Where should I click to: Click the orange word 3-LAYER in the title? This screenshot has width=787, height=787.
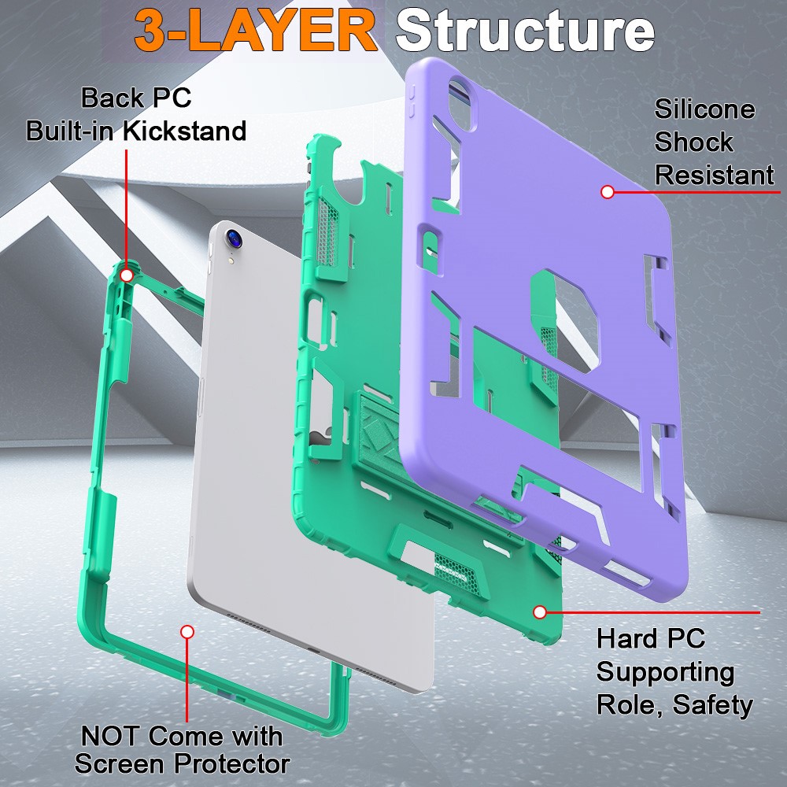click(256, 31)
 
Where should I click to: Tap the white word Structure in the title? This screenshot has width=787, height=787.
click(525, 31)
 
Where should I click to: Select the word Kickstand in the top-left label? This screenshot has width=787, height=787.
click(185, 131)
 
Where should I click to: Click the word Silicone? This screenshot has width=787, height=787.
click(704, 109)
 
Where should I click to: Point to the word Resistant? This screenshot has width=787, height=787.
click(715, 176)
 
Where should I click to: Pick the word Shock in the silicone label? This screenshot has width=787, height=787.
click(693, 142)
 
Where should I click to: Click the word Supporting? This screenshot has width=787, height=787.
click(666, 672)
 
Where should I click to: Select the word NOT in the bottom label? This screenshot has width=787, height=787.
click(110, 737)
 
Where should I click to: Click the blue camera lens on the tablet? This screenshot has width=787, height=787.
click(235, 238)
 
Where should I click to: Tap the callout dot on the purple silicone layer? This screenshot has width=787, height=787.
click(608, 192)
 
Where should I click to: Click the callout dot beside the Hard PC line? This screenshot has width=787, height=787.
click(540, 611)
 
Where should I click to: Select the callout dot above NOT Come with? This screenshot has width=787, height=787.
click(187, 631)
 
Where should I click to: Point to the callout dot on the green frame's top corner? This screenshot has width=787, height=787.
click(127, 275)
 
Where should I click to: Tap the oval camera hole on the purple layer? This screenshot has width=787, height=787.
click(462, 103)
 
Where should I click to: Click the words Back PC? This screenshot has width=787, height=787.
click(136, 98)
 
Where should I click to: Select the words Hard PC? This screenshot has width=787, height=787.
click(651, 639)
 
